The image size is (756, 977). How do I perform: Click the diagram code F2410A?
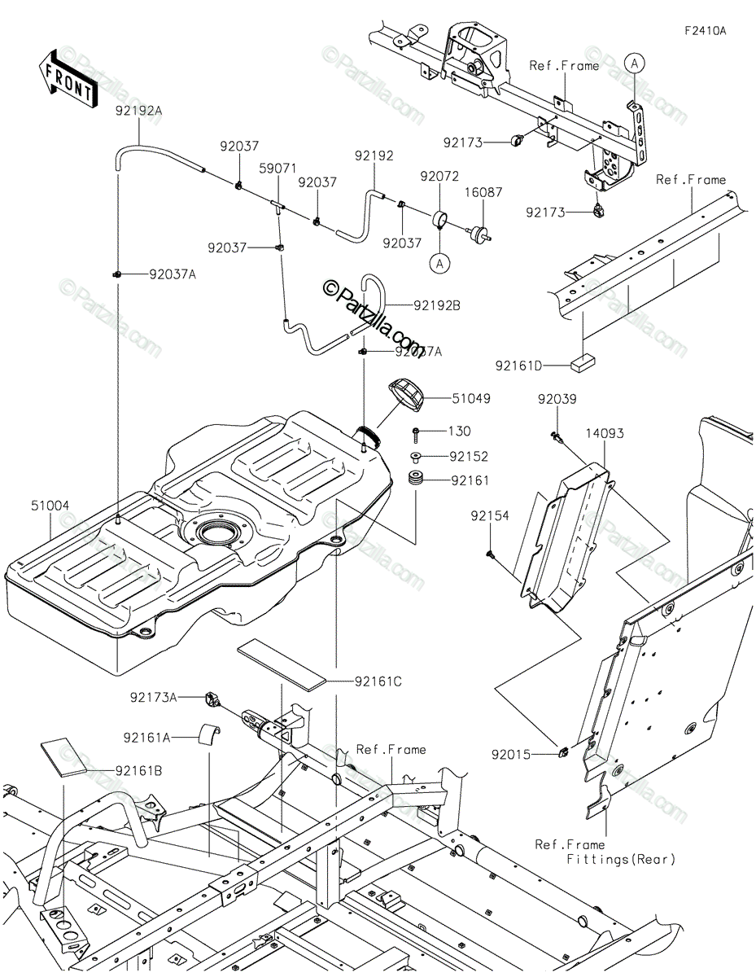(x=705, y=31)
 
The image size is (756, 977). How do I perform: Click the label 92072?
(x=439, y=175)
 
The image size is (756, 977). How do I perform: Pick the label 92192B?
(x=437, y=306)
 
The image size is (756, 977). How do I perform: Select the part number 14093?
(x=604, y=433)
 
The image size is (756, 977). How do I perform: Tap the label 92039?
(x=557, y=399)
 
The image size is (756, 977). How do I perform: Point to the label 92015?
(x=510, y=755)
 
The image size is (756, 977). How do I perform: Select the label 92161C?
(x=378, y=681)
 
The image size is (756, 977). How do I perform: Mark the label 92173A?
(x=154, y=697)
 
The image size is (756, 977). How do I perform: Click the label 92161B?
(x=138, y=769)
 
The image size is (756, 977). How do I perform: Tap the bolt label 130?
(x=460, y=432)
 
